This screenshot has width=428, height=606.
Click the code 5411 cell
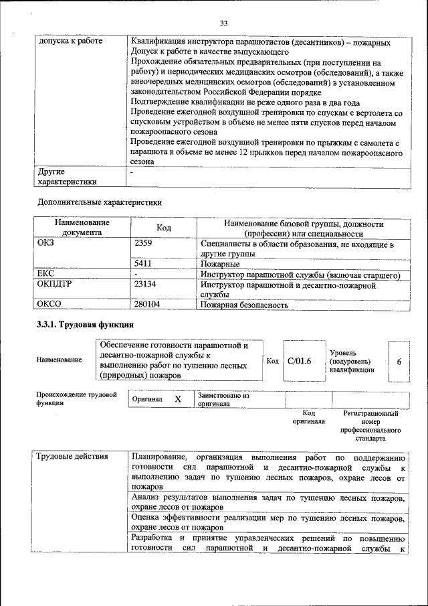point(143,264)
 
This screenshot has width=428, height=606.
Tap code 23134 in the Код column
point(145,285)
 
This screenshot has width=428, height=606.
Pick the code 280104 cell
point(148,304)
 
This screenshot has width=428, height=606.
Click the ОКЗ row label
point(46,244)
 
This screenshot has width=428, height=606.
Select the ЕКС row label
point(45,274)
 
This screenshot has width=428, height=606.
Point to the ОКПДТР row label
point(53,285)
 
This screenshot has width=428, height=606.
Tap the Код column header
point(164,228)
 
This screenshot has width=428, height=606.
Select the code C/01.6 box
point(299,361)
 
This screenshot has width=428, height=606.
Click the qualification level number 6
point(399,361)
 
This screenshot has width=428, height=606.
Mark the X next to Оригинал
point(177,399)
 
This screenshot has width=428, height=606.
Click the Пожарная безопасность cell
point(244,305)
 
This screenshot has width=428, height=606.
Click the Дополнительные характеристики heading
point(100,201)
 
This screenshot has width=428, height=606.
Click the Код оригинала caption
point(308,418)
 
